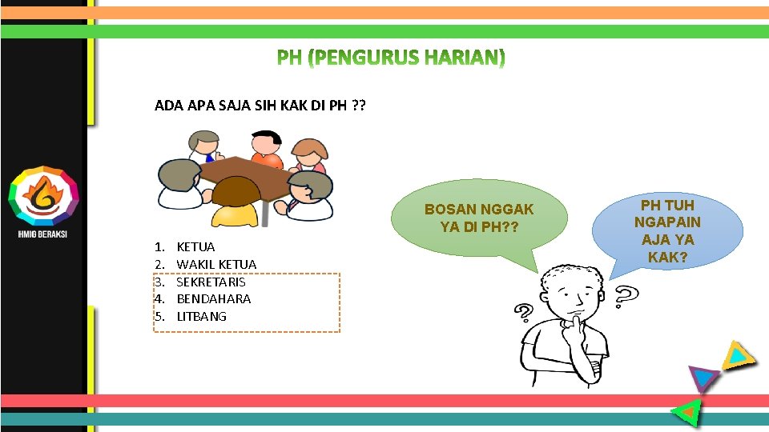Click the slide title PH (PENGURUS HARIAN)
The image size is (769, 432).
point(392,58)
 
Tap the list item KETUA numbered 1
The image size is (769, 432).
point(195,247)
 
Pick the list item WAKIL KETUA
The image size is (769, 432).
point(216,264)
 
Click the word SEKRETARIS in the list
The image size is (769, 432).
point(211,282)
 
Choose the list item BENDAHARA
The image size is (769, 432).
point(213,298)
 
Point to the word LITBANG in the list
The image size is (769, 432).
point(201,316)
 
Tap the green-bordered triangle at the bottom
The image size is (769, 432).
point(687,411)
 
